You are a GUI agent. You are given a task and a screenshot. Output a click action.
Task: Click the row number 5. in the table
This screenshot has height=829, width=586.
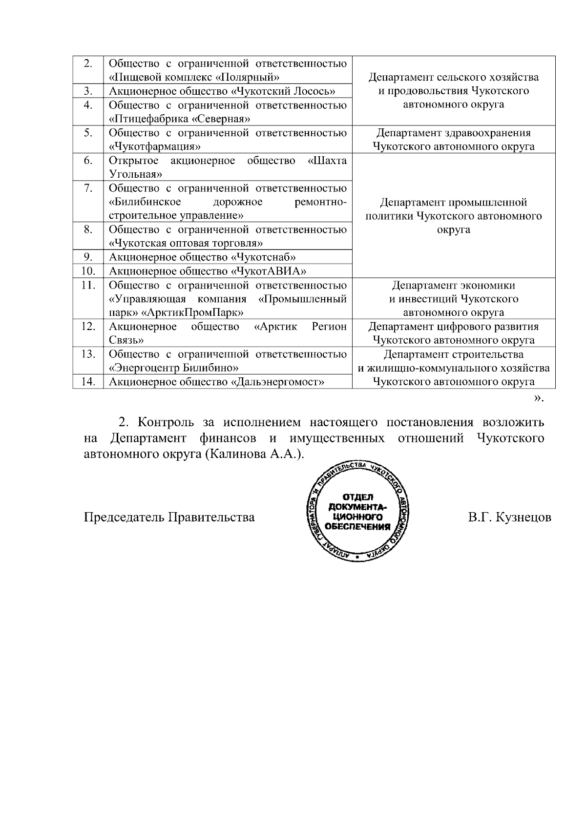pos(88,133)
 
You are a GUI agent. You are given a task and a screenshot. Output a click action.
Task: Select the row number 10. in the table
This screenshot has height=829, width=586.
pos(88,271)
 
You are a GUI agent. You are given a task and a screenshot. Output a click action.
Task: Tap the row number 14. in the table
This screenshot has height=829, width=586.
pos(88,382)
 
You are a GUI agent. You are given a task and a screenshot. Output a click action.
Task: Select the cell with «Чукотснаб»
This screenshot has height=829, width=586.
pos(264,257)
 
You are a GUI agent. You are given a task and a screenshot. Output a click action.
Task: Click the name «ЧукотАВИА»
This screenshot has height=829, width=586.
pos(272,271)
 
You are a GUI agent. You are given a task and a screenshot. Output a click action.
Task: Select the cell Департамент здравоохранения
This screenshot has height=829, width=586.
pos(453,140)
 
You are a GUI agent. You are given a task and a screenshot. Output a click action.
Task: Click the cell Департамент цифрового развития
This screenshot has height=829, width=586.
pos(453,333)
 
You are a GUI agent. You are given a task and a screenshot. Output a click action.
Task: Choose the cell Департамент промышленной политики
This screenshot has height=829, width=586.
pos(453,216)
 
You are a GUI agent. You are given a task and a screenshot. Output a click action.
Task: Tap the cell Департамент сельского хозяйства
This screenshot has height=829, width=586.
pos(453,91)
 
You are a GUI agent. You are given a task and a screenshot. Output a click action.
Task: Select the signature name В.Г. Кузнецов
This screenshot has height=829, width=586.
pos(509,517)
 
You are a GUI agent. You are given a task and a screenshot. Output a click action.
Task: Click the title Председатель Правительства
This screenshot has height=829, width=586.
pos(169,517)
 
